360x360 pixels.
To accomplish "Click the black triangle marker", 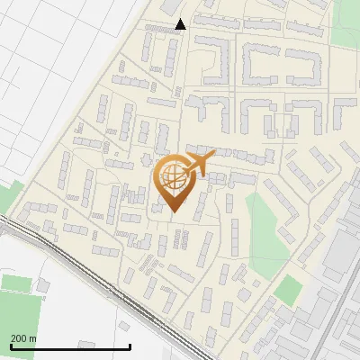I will (x=181, y=24).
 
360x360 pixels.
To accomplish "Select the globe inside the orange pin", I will (x=173, y=175).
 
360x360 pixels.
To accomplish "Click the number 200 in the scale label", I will (x=19, y=337).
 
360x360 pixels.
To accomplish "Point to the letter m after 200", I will (x=33, y=337).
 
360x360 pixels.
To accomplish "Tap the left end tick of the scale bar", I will (x=11, y=346).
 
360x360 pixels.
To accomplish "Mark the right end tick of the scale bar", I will (x=130, y=346).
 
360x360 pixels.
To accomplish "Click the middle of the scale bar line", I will (x=70, y=346).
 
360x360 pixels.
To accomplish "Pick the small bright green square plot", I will (x=288, y=290).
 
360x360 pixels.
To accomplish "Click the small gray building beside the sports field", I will (x=42, y=286).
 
